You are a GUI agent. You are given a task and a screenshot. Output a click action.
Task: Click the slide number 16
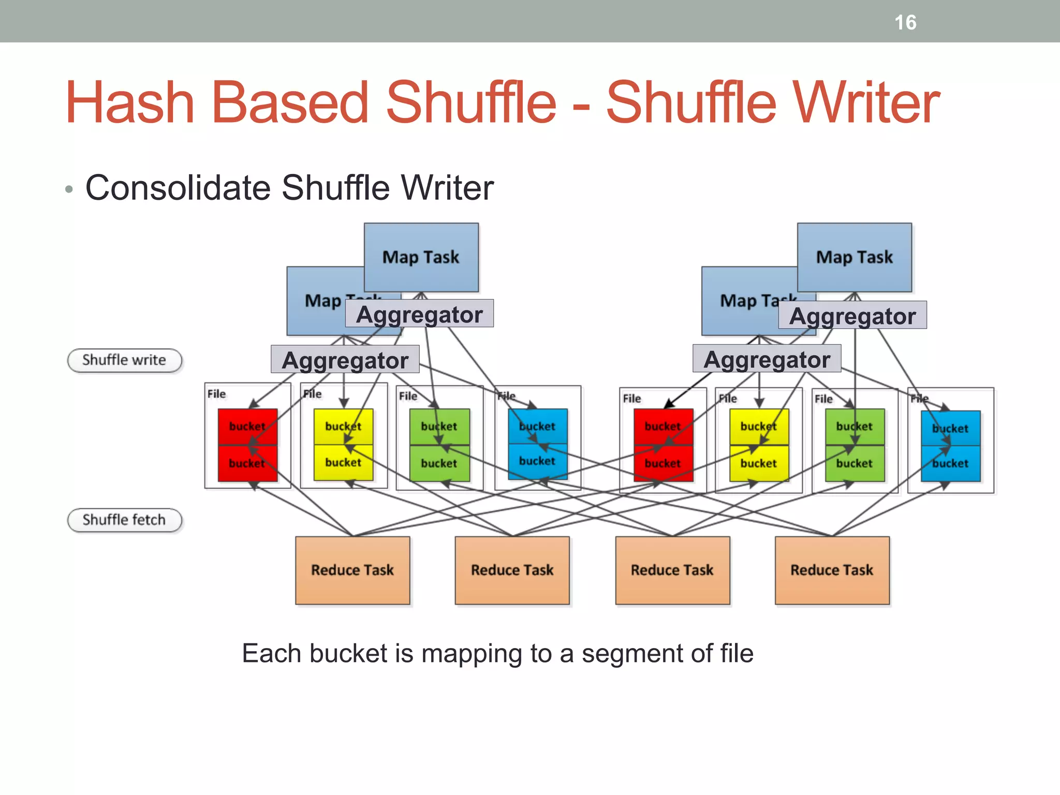coord(905,23)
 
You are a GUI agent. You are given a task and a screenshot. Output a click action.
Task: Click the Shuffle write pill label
coord(124,360)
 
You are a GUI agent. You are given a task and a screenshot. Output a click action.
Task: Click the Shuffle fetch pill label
coord(124,520)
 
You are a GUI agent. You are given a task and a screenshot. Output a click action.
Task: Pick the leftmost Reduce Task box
coord(352,570)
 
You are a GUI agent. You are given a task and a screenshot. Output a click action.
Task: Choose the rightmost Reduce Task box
coord(832,570)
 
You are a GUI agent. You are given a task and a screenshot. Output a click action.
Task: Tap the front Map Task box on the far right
coord(855,257)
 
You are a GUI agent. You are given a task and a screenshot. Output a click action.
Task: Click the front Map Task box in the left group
coord(421,257)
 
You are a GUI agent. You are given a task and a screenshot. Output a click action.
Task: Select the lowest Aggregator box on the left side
coord(345,360)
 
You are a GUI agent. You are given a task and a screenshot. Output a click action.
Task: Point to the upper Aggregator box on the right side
coord(852,315)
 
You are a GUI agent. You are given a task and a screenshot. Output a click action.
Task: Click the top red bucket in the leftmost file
coord(247,426)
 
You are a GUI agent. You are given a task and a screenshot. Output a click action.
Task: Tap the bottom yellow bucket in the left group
coord(343,462)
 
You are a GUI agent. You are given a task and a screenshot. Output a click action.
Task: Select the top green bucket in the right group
coord(855,426)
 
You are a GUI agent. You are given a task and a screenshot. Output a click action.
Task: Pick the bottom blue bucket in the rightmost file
coord(950,464)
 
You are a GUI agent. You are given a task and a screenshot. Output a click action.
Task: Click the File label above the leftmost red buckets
coord(216,394)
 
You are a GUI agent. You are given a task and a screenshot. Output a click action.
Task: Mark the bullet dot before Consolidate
coord(69,189)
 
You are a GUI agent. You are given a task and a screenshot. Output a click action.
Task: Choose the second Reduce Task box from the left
coord(512,570)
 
